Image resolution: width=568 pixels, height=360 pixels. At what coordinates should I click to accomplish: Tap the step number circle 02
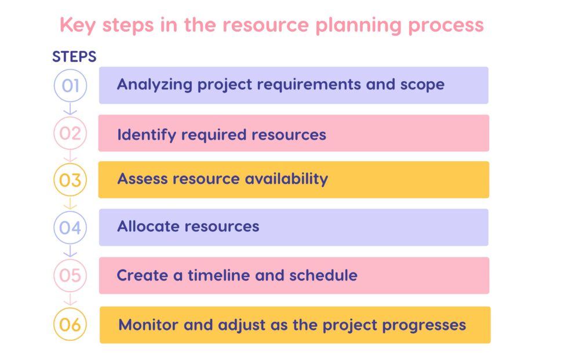click(x=70, y=134)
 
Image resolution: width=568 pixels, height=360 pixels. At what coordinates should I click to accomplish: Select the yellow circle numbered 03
click(x=70, y=180)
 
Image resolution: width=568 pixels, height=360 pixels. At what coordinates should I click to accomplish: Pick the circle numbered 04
click(x=70, y=227)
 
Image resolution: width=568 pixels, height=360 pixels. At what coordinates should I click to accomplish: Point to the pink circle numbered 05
click(x=70, y=275)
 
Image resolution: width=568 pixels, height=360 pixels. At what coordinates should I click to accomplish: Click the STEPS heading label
click(x=74, y=57)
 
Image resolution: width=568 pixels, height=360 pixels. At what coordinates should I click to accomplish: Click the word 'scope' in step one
click(x=422, y=85)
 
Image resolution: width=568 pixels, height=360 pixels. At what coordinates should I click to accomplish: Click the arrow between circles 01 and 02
click(x=70, y=109)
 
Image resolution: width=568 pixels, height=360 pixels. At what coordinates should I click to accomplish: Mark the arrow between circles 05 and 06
click(x=70, y=300)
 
